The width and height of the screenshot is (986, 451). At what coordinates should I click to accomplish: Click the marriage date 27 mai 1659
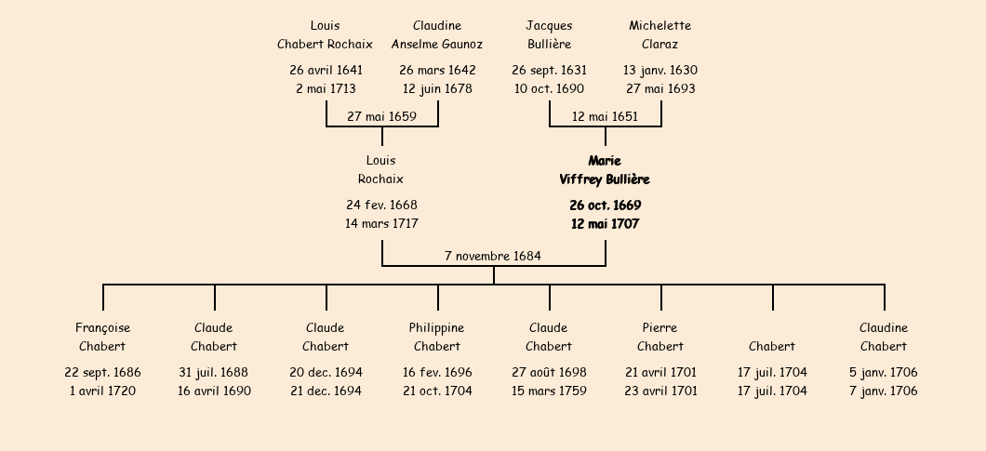381,116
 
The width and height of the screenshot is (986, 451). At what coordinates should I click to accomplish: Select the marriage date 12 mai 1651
605,116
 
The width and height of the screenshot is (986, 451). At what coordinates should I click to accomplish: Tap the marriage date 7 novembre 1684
493,256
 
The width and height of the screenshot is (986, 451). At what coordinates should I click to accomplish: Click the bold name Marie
605,161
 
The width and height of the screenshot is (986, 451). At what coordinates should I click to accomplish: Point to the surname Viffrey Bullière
605,179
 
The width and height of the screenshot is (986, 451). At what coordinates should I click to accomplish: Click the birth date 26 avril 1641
326,70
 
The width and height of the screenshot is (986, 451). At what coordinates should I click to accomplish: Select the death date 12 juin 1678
437,89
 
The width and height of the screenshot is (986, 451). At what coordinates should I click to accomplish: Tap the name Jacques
549,25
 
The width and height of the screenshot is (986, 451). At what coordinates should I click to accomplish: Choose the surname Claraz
660,44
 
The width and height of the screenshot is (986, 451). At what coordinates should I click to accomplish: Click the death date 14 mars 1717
381,224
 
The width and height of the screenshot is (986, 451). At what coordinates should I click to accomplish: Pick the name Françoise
102,327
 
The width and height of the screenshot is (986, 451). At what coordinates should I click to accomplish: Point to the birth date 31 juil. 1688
214,372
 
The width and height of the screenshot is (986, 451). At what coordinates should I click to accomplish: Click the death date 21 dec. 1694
326,391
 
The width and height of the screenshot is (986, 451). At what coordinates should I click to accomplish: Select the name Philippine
436,327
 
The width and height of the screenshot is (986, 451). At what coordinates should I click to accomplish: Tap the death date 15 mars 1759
549,391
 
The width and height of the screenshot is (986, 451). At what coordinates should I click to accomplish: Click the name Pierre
660,327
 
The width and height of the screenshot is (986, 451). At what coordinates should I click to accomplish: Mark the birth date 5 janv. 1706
884,372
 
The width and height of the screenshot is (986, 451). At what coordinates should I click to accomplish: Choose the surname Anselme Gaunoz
437,44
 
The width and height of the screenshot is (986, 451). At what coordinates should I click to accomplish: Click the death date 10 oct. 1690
549,89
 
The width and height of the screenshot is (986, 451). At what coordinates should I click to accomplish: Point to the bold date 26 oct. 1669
605,206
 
